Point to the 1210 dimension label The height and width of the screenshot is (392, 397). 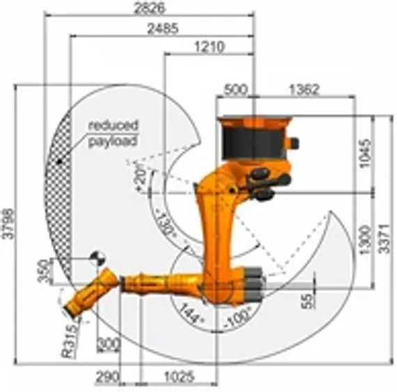(x=208, y=47)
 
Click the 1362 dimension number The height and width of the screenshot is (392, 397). (x=304, y=89)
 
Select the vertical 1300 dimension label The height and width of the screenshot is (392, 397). (x=366, y=240)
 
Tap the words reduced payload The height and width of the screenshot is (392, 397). (x=113, y=133)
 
